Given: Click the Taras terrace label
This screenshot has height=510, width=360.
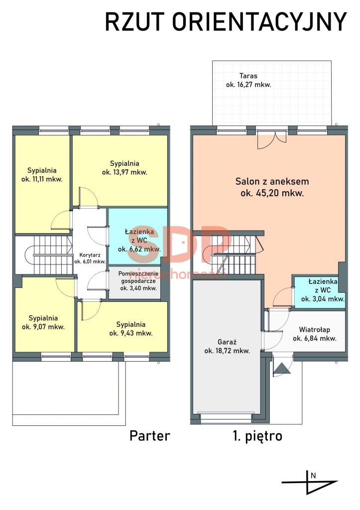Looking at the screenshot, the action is click(x=248, y=76).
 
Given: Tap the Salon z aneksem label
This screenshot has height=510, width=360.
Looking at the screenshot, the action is click(x=272, y=181).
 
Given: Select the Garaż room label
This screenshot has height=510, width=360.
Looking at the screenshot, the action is click(x=227, y=342).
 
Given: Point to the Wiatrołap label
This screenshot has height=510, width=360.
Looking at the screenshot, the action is click(x=315, y=330).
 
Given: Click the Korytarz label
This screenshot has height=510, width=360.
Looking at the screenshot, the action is click(x=90, y=255).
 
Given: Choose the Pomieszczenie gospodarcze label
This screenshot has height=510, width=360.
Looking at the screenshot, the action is click(x=138, y=277).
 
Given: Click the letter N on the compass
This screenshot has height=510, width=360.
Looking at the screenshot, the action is click(x=313, y=476).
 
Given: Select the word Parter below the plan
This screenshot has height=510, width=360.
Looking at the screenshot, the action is click(x=149, y=435).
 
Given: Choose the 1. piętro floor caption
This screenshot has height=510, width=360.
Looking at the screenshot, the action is click(x=257, y=436).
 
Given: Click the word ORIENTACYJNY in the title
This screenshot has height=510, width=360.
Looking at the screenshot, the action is click(x=259, y=22).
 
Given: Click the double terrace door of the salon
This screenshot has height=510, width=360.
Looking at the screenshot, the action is click(x=272, y=139).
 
